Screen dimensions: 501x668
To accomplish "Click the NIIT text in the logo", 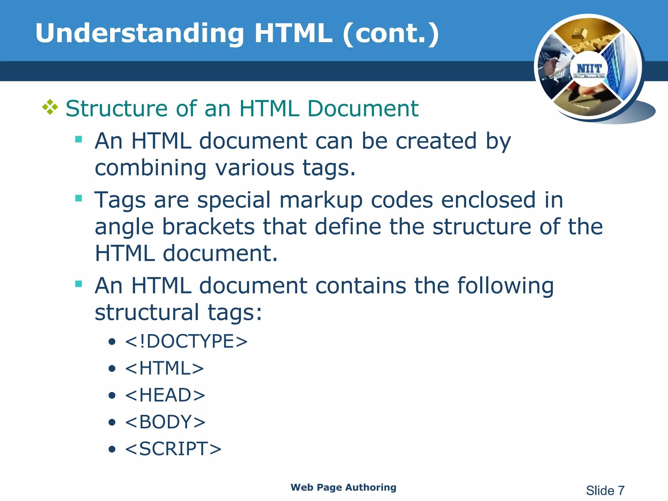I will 589,69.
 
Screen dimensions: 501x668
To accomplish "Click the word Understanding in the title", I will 140,33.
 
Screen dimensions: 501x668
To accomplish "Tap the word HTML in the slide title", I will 293,33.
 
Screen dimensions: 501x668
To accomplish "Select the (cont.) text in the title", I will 391,33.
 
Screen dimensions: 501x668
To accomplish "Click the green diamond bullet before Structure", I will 50,107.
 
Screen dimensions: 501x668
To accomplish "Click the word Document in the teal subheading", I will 363,108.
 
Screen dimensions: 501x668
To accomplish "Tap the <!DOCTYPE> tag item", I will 186,342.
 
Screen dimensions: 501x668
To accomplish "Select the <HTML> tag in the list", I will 164,368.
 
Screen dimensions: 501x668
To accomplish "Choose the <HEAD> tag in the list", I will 165,395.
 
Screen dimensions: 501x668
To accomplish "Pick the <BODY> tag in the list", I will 165,422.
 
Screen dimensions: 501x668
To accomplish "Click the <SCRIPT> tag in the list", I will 173,448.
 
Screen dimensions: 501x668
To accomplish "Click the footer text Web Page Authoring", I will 343,487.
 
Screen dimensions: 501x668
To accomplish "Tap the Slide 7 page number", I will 605,491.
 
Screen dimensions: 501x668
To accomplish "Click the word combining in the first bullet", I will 150,168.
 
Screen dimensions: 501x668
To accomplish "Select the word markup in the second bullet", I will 321,200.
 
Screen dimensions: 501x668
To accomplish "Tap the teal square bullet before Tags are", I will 79,198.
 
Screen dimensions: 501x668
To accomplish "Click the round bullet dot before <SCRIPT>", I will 112,449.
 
